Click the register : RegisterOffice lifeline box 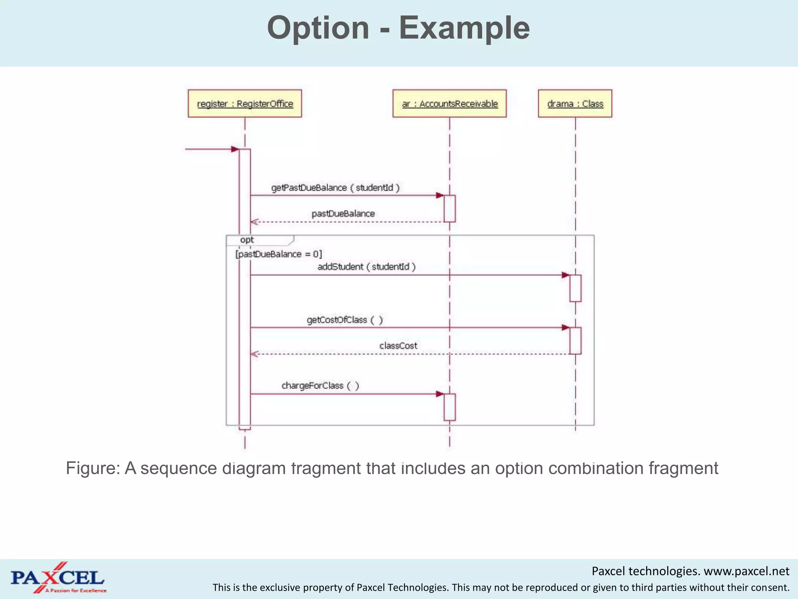point(245,103)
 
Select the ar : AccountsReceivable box point(450,103)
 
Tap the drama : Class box point(575,103)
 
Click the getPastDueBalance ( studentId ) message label point(335,188)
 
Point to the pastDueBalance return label point(343,214)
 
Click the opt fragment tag point(247,240)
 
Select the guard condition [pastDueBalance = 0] point(279,254)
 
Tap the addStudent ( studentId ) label point(367,267)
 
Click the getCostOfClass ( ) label point(345,320)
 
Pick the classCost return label point(398,346)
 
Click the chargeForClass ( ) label point(320,386)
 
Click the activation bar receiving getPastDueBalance point(450,209)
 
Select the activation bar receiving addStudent point(575,288)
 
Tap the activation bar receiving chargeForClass point(450,407)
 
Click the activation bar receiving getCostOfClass point(575,340)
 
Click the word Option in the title point(318,28)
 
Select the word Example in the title point(464,28)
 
